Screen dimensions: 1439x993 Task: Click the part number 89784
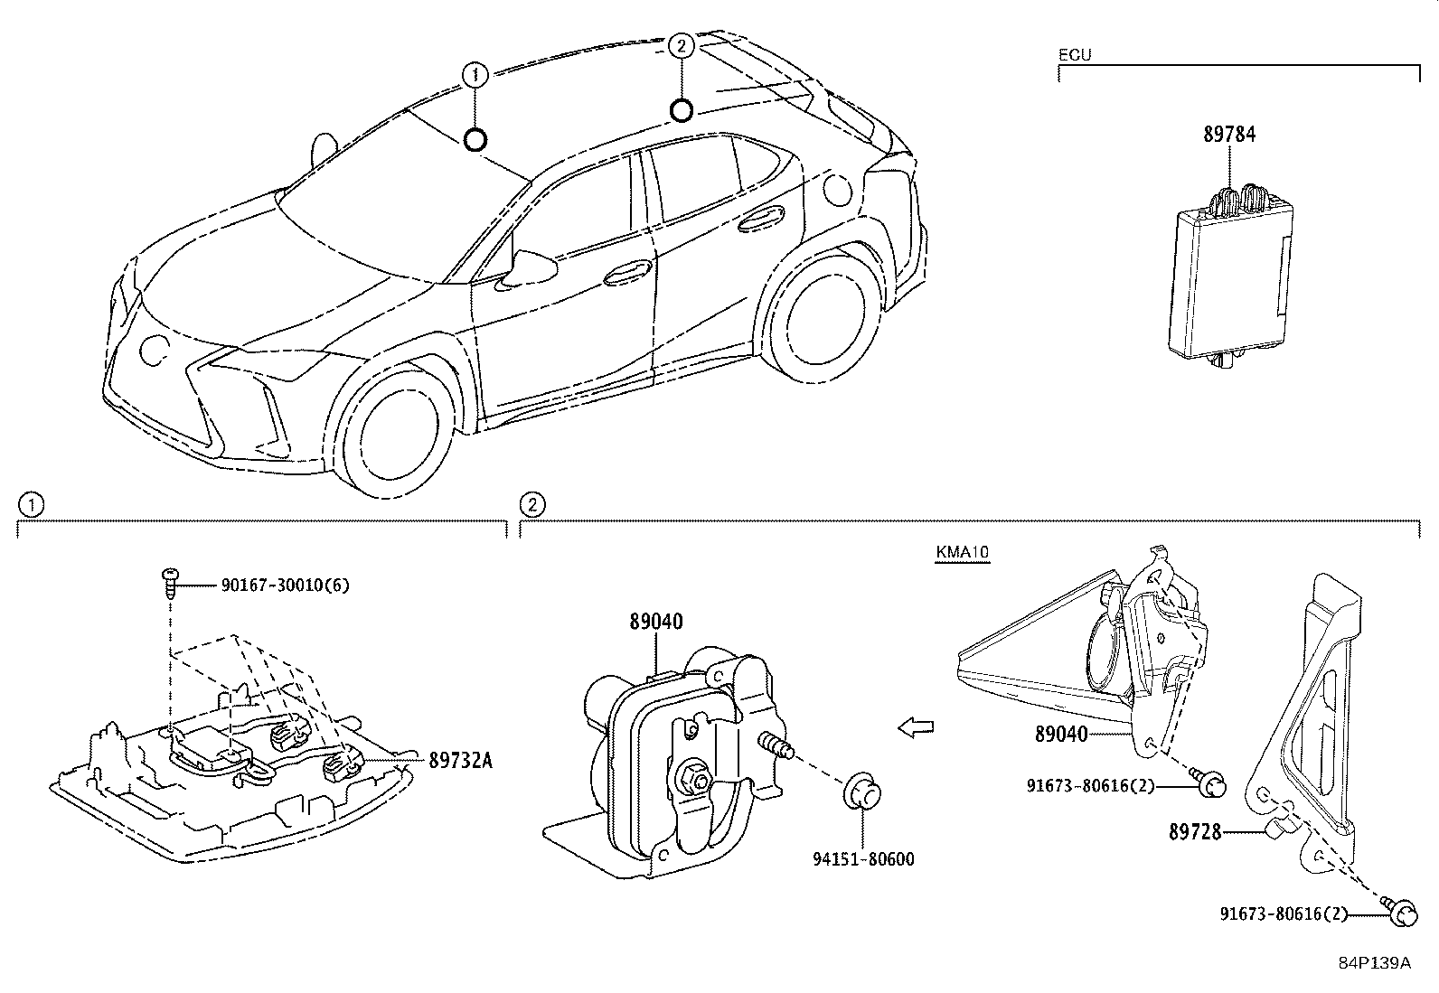coord(1229,135)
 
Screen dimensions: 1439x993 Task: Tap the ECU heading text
coord(1075,55)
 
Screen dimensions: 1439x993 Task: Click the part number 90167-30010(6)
coord(286,585)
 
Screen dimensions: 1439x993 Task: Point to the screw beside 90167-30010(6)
coord(170,583)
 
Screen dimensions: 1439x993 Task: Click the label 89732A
coord(461,761)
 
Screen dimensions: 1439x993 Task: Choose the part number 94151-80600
coord(862,858)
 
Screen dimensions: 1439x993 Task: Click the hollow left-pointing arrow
coord(916,727)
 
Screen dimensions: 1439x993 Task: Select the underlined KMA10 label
coord(962,552)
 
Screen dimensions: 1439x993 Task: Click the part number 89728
coord(1194,832)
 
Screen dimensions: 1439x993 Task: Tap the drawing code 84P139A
coord(1375,963)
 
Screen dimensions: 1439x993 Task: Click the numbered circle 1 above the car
coord(475,75)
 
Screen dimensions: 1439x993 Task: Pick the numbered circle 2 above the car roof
coord(681,45)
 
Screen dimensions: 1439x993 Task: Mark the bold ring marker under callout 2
coord(681,110)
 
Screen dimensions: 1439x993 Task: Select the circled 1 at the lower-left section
coord(32,505)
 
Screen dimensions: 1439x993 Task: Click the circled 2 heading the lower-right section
coord(531,505)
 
